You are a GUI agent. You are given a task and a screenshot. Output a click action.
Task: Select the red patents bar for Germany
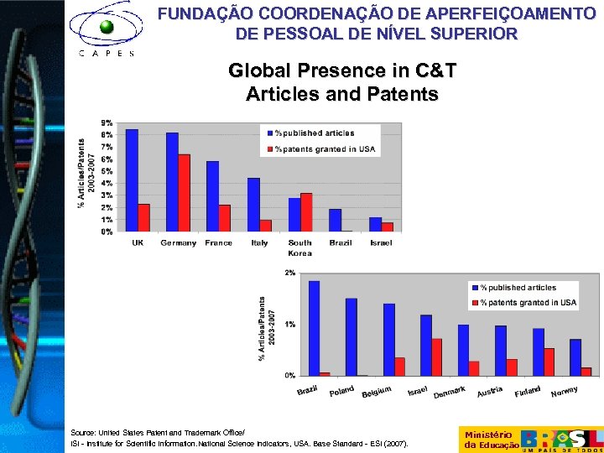pyautogui.click(x=185, y=193)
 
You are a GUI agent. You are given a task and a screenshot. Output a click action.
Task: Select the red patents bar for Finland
pyautogui.click(x=549, y=362)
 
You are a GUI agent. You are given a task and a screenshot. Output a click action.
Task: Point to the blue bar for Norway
pyautogui.click(x=575, y=357)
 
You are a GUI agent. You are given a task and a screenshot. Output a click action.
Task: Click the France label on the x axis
pyautogui.click(x=218, y=243)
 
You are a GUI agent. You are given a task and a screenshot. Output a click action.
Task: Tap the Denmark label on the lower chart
pyautogui.click(x=450, y=391)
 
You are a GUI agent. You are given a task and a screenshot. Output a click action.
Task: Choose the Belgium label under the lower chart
pyautogui.click(x=377, y=391)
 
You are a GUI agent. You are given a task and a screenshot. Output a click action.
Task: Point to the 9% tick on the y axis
pyautogui.click(x=107, y=123)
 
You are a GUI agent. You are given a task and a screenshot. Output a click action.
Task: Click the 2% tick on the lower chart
pyautogui.click(x=289, y=273)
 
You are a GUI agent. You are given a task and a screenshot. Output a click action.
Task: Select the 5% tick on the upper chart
pyautogui.click(x=107, y=171)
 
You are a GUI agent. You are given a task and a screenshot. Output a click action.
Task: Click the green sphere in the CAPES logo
pyautogui.click(x=107, y=27)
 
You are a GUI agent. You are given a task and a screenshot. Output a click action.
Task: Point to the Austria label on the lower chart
pyautogui.click(x=490, y=391)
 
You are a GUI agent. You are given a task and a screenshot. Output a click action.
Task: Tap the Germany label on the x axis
pyautogui.click(x=177, y=243)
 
